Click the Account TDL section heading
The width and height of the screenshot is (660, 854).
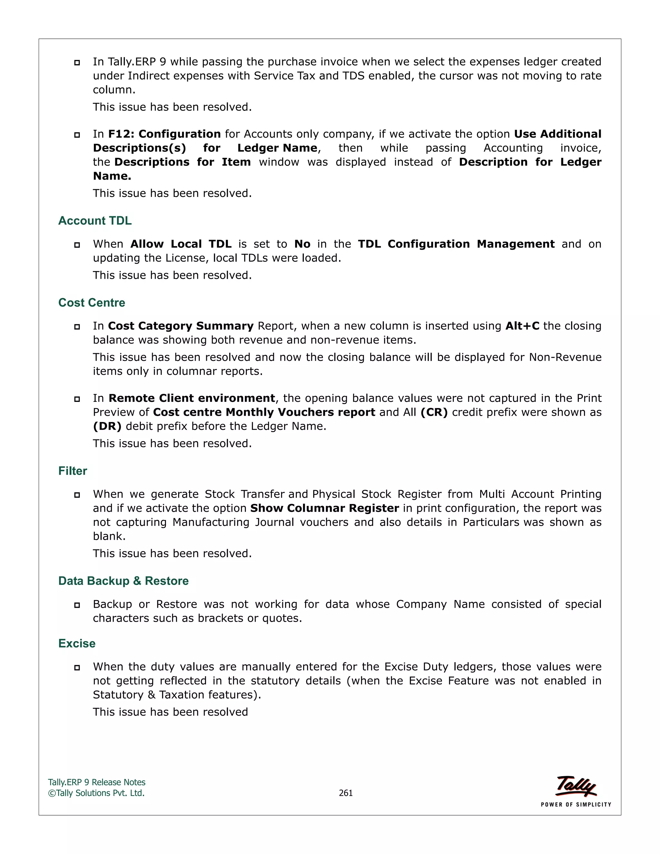tap(95, 221)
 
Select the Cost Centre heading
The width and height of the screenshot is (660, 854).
tap(92, 303)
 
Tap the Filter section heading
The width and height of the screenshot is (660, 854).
tap(73, 471)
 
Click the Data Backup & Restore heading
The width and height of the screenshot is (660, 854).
tap(123, 581)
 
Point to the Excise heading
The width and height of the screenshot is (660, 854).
tap(77, 643)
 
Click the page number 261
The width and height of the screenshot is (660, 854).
tap(346, 793)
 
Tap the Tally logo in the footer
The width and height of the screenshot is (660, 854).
tap(576, 786)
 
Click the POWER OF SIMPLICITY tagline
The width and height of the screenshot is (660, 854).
tap(576, 804)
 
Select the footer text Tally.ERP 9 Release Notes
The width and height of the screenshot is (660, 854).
tap(97, 782)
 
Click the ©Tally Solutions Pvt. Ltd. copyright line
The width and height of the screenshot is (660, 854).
tap(96, 793)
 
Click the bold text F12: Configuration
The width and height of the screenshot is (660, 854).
tap(164, 134)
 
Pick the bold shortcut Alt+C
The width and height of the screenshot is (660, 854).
tap(522, 326)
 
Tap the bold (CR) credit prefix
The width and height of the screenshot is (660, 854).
tap(434, 412)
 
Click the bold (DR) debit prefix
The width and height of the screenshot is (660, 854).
tap(107, 426)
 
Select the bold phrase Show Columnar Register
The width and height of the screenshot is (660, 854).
tap(325, 508)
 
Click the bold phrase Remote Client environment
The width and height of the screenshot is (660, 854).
tap(192, 398)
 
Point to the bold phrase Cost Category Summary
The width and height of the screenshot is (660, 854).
tap(181, 326)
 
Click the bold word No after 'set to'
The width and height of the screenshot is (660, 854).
tap(302, 244)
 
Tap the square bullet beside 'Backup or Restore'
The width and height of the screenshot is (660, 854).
tap(77, 605)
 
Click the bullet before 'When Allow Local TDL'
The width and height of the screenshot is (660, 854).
tap(77, 245)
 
